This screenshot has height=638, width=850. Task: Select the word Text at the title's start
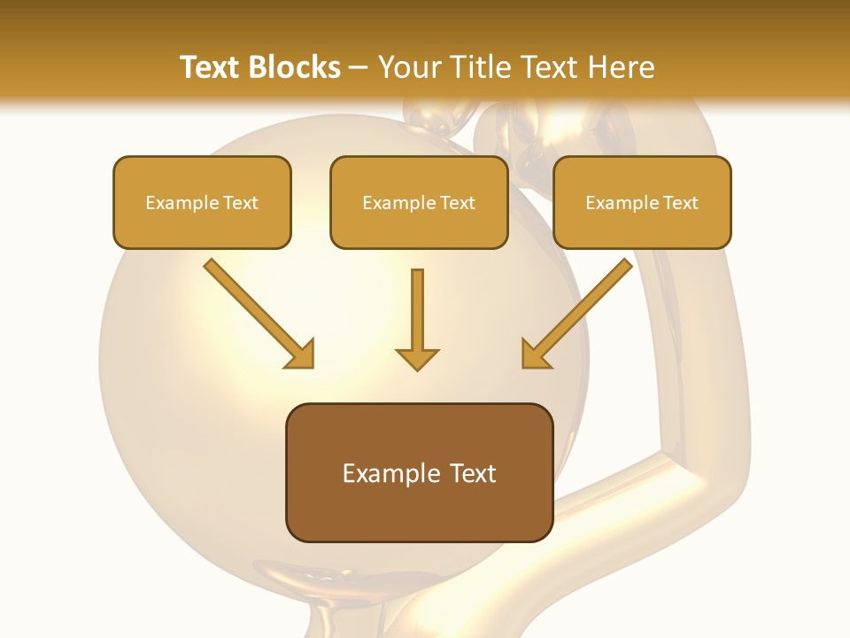tap(212, 67)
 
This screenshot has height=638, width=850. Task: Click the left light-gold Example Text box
tap(202, 203)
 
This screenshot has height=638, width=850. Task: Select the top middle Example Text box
tap(419, 203)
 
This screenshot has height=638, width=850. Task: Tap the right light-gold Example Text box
tap(642, 203)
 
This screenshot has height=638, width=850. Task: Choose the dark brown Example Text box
tap(419, 473)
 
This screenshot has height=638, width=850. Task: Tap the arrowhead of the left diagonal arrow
tap(301, 354)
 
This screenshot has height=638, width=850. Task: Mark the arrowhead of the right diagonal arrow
tap(535, 354)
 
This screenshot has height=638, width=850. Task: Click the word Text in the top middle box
tap(457, 203)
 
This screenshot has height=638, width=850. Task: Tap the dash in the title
tap(359, 67)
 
